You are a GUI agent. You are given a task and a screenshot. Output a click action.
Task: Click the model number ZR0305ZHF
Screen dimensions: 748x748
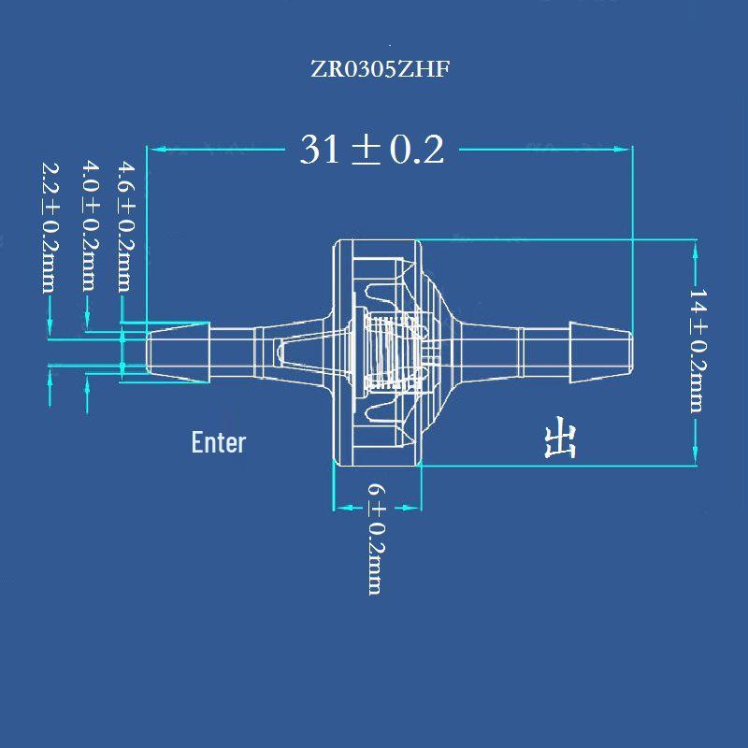[x=381, y=69]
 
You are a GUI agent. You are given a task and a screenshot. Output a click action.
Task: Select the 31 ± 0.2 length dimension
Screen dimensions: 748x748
[x=372, y=150]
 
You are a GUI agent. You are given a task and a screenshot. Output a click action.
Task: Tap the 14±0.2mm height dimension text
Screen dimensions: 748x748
[x=698, y=350]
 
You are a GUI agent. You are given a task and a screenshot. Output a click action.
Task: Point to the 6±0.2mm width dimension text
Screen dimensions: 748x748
[x=377, y=539]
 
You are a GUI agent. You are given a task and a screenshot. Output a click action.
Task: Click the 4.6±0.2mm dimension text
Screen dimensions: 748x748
[x=127, y=226]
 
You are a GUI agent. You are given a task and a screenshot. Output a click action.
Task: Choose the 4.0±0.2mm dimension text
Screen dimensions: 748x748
[x=91, y=226]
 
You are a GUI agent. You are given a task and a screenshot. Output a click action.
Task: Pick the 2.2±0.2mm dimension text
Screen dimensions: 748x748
[x=50, y=227]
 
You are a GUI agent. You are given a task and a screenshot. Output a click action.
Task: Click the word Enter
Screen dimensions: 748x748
[x=219, y=442]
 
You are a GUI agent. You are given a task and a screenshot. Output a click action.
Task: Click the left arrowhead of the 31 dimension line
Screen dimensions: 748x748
[x=157, y=150]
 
